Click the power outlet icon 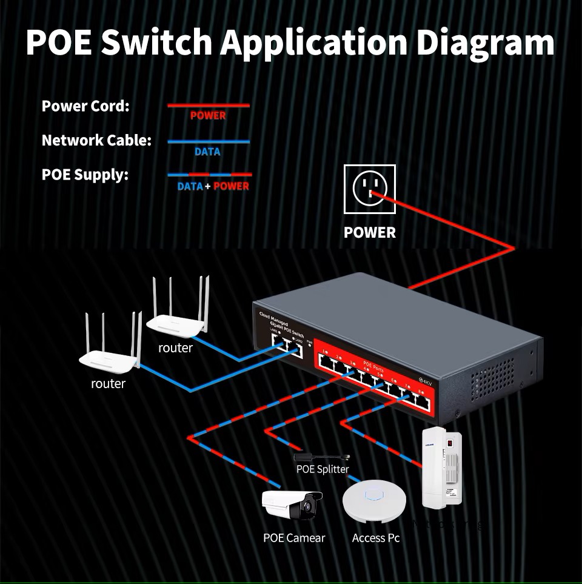point(369,189)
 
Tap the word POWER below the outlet point(369,232)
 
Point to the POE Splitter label point(323,469)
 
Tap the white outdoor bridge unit point(442,467)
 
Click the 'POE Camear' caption point(294,538)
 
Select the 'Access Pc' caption point(376,538)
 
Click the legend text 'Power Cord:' point(85,106)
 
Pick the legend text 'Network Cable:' point(96,141)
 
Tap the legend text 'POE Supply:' point(85,175)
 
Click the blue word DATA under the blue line point(207,152)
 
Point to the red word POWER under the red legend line point(208,116)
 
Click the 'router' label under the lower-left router point(109,384)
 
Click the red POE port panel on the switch point(370,383)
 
